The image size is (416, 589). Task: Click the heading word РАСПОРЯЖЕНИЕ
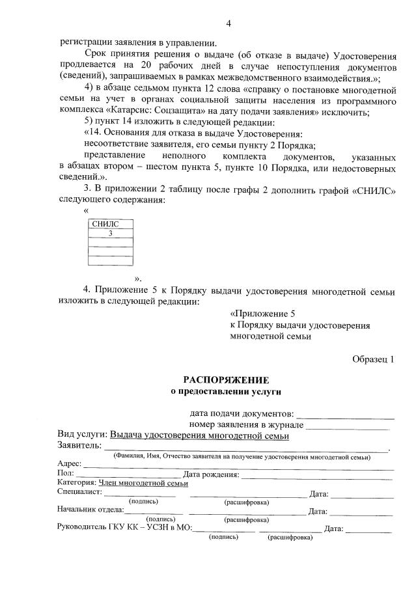pyautogui.click(x=225, y=379)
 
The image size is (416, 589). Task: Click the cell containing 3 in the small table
pyautogui.click(x=111, y=233)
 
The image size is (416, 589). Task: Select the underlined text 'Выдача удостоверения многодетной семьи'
pyautogui.click(x=199, y=436)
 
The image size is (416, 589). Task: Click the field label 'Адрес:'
pyautogui.click(x=69, y=464)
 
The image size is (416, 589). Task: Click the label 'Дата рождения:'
pyautogui.click(x=212, y=474)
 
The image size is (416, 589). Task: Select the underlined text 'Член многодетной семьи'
pyautogui.click(x=143, y=483)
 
